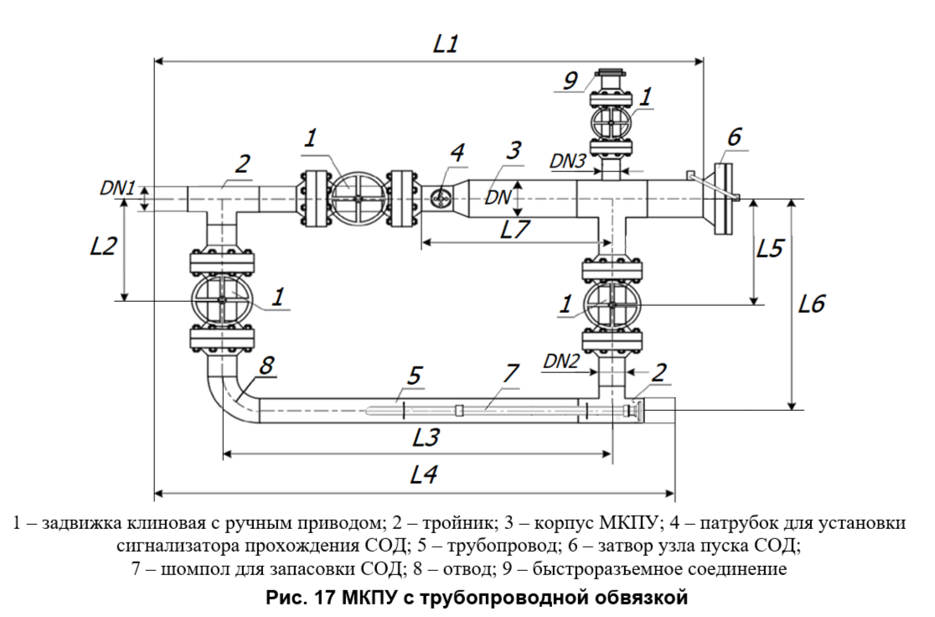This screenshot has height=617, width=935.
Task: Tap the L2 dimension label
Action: pyautogui.click(x=104, y=247)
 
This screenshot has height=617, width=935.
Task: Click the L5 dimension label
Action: pyautogui.click(x=771, y=249)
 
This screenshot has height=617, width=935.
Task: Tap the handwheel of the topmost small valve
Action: pyautogui.click(x=612, y=122)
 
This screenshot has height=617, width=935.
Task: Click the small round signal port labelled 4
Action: pyautogui.click(x=440, y=199)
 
